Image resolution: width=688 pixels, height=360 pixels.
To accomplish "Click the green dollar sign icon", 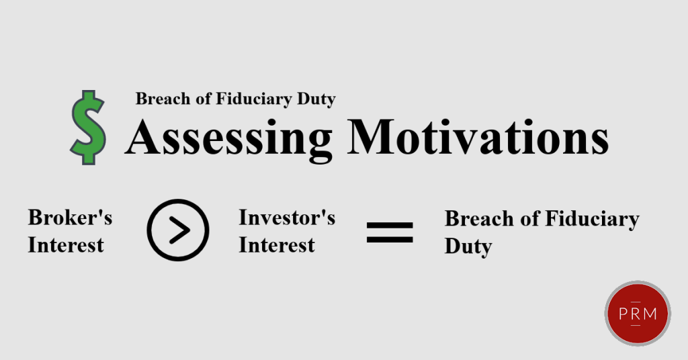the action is [x=88, y=128].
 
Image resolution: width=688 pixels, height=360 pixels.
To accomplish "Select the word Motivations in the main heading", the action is [x=478, y=136].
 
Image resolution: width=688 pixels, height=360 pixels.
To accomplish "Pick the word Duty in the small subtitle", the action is [x=316, y=99].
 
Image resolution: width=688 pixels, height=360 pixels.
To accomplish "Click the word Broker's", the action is [x=70, y=218].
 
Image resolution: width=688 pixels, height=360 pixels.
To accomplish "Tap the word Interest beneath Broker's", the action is [x=66, y=245].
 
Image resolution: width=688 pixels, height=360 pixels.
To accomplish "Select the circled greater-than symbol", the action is [x=177, y=230].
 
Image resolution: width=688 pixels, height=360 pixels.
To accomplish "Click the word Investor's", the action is [x=287, y=218].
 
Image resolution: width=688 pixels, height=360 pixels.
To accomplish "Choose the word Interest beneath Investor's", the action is [x=276, y=245].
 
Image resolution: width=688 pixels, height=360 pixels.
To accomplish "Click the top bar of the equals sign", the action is [x=390, y=226].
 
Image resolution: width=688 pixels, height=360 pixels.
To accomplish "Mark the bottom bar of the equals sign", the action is [x=390, y=239].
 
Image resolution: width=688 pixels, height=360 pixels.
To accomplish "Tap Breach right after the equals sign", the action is [x=479, y=218].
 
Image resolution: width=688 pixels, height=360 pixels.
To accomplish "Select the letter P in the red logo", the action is [x=623, y=314].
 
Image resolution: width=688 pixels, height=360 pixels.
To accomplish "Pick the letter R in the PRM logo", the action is [x=636, y=314].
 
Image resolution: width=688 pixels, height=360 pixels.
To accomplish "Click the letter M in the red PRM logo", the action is [x=650, y=314].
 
